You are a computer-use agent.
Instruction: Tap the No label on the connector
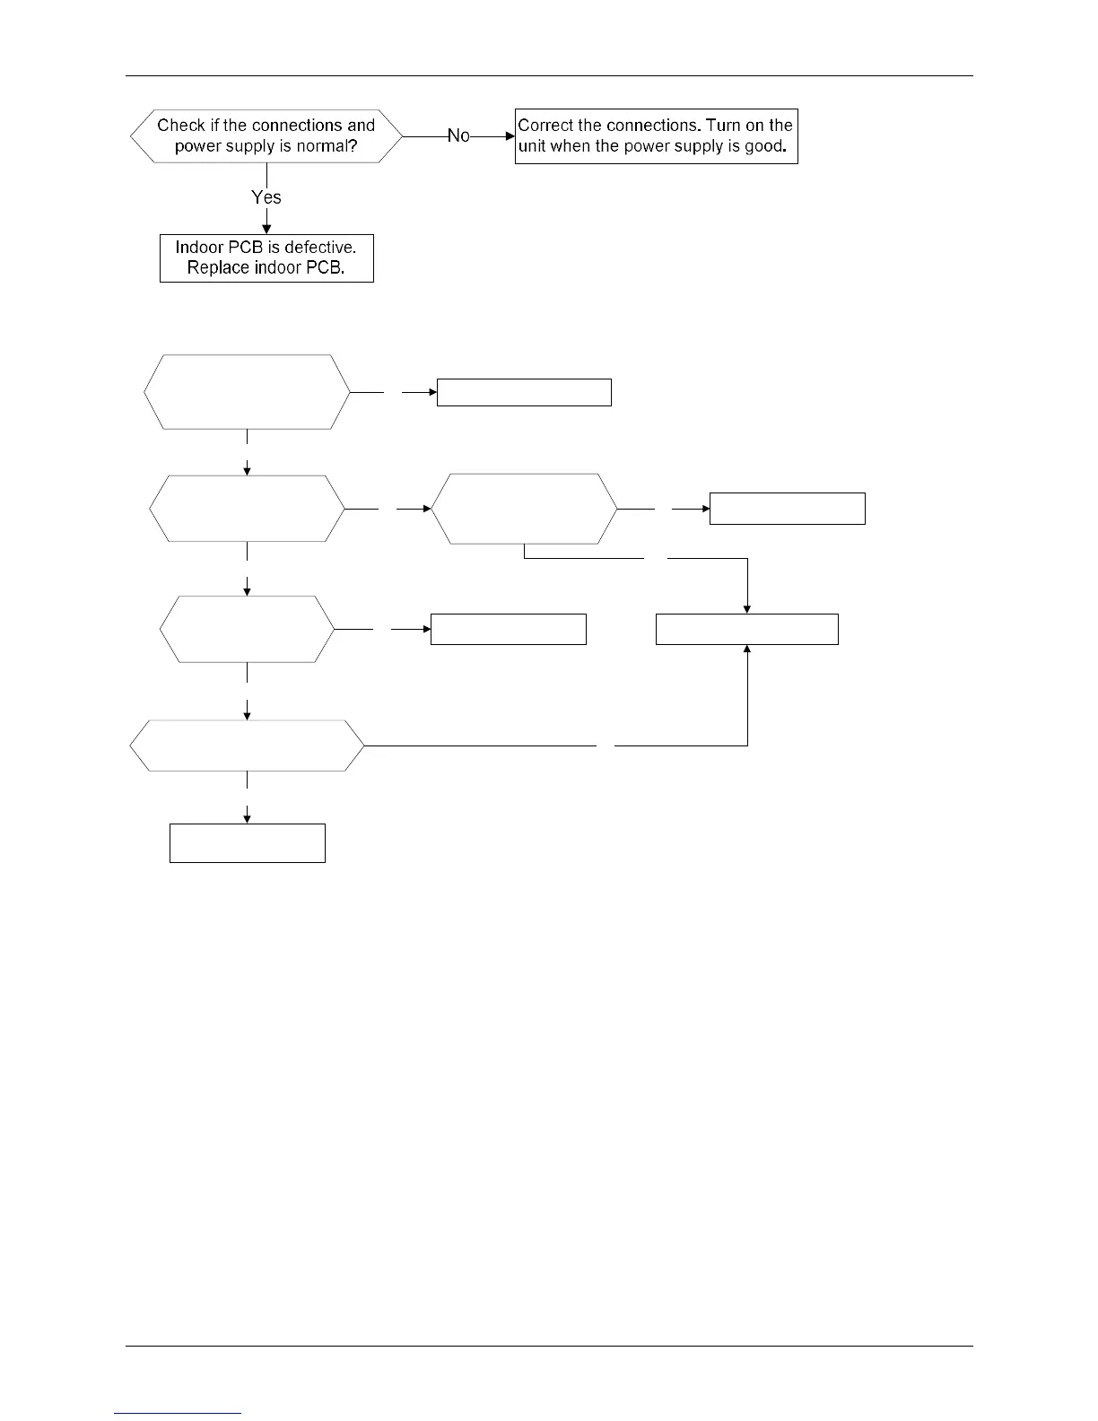tap(458, 135)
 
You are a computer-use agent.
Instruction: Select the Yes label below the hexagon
tap(266, 197)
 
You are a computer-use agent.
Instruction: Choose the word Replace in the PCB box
tap(213, 268)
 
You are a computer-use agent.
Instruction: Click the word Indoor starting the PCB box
tap(199, 248)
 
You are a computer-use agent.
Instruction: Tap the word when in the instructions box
tap(571, 147)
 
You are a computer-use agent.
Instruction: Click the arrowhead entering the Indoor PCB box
tap(266, 229)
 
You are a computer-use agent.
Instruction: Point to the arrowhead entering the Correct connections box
tap(510, 135)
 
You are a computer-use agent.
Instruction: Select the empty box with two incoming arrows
tap(747, 630)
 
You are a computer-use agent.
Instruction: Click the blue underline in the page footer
tap(179, 1414)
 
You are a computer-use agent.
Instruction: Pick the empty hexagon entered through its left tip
tap(525, 509)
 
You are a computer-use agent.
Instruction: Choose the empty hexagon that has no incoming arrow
tap(247, 392)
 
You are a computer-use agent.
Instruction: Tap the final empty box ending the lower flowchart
tap(248, 843)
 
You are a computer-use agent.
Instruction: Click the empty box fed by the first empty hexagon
tap(524, 393)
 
